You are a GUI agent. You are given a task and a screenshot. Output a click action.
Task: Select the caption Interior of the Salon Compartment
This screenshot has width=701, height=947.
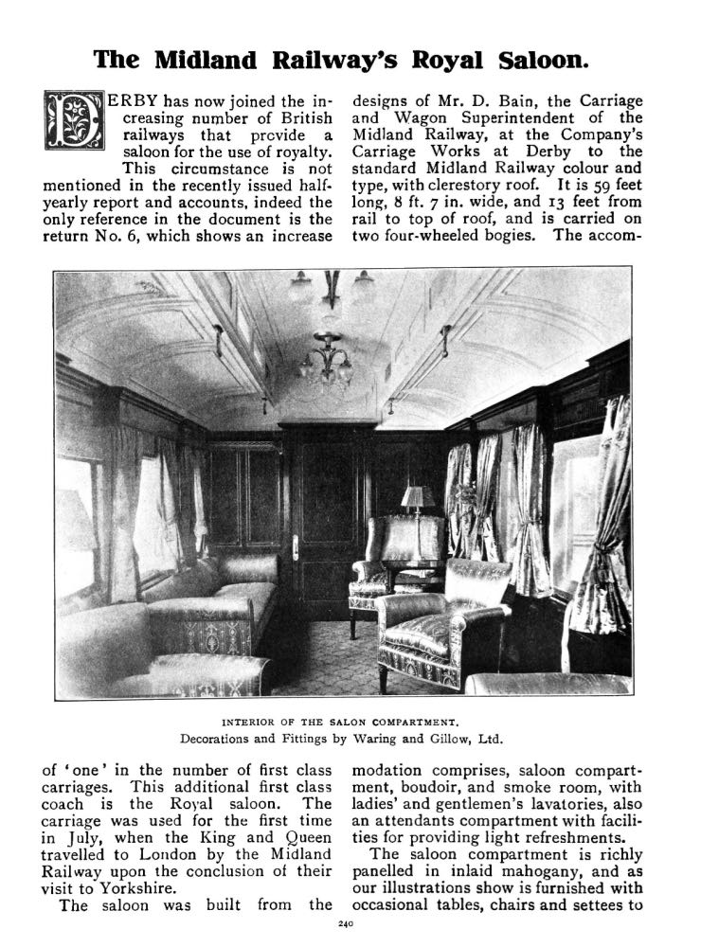(343, 720)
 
